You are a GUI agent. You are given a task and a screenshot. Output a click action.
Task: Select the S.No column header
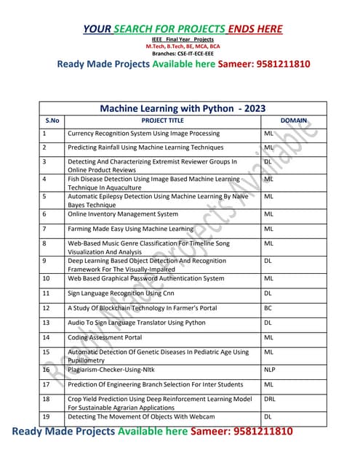pos(51,119)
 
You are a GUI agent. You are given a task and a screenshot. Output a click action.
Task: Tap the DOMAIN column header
pos(293,119)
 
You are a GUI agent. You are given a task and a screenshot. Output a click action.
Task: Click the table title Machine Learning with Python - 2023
pos(183,107)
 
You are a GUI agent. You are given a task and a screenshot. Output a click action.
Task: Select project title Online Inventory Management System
pos(122,214)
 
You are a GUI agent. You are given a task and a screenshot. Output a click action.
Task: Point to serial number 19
pos(46,417)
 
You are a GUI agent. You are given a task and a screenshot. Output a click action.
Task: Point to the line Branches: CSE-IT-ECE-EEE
pos(183,53)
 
